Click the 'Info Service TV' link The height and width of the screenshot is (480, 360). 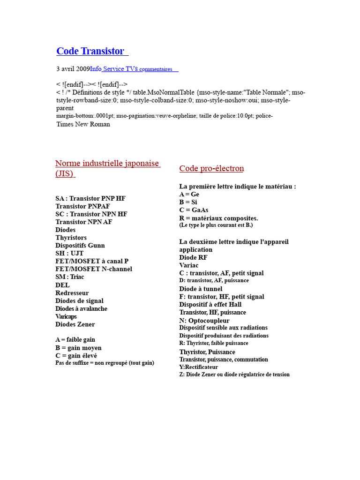coord(112,69)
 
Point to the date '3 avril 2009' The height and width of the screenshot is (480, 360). coord(73,69)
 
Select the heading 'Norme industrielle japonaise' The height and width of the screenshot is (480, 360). coord(107,164)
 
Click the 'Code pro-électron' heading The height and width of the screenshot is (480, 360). coord(211,168)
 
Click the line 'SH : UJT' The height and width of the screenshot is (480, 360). coord(69,253)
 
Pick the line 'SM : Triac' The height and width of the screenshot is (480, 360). coord(70,277)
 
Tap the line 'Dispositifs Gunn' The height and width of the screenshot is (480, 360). coord(80,245)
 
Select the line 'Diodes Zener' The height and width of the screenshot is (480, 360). coord(75,324)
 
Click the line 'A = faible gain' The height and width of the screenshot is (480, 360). coord(75,339)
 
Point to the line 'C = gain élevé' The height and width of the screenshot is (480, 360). coord(76,355)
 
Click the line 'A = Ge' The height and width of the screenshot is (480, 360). coord(189,194)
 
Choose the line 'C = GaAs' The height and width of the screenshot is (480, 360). coord(194,210)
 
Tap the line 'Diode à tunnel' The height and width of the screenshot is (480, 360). coord(201,289)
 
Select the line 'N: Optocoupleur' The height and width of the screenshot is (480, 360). coord(204,321)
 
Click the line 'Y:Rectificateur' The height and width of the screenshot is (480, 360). coord(198,367)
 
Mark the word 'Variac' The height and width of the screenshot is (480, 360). coord(189,265)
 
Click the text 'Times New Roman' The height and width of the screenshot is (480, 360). coord(83,124)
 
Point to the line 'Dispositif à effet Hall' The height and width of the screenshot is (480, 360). coord(210,304)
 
